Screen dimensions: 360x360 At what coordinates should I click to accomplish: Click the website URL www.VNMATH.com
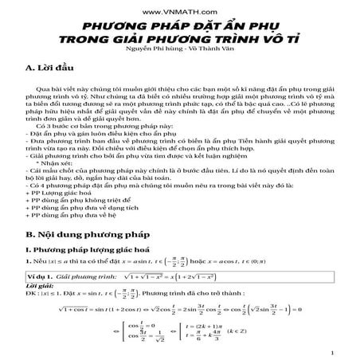pyautogui.click(x=179, y=14)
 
